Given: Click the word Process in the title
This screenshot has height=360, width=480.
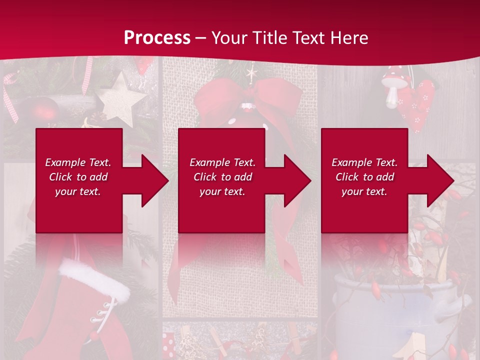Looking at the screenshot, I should click(x=157, y=38).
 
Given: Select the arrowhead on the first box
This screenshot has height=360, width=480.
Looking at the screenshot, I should click(x=152, y=180).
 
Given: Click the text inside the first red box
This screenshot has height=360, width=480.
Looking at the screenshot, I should click(x=78, y=177).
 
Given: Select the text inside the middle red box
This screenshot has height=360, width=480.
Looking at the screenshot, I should click(x=222, y=177).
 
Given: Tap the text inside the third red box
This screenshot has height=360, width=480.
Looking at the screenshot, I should click(x=364, y=177).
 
